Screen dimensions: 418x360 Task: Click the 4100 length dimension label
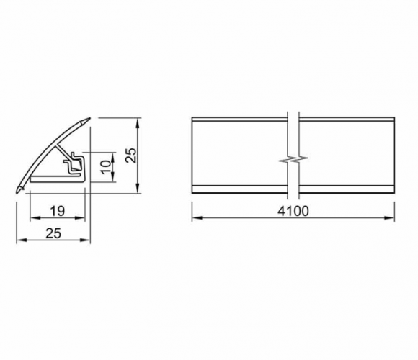293,211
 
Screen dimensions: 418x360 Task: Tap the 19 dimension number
58,211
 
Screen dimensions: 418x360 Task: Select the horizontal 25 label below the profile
53,233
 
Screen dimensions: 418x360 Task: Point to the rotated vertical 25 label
131,156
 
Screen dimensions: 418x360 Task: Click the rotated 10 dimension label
107,167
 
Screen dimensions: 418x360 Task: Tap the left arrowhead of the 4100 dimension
197,218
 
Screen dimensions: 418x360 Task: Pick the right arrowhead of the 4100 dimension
390,218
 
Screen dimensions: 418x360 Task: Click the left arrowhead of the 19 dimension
35,218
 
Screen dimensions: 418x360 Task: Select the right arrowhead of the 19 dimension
80,218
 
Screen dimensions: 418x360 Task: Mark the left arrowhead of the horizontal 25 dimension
22,240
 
